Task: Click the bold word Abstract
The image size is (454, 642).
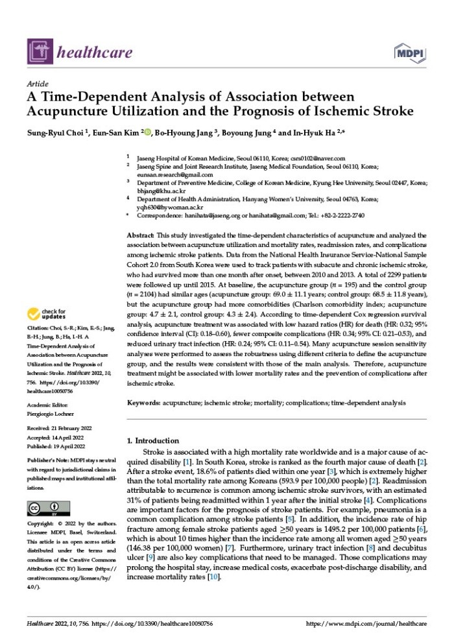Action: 140,235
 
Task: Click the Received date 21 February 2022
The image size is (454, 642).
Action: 64,428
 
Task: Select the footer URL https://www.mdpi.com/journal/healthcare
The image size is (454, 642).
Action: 366,624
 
